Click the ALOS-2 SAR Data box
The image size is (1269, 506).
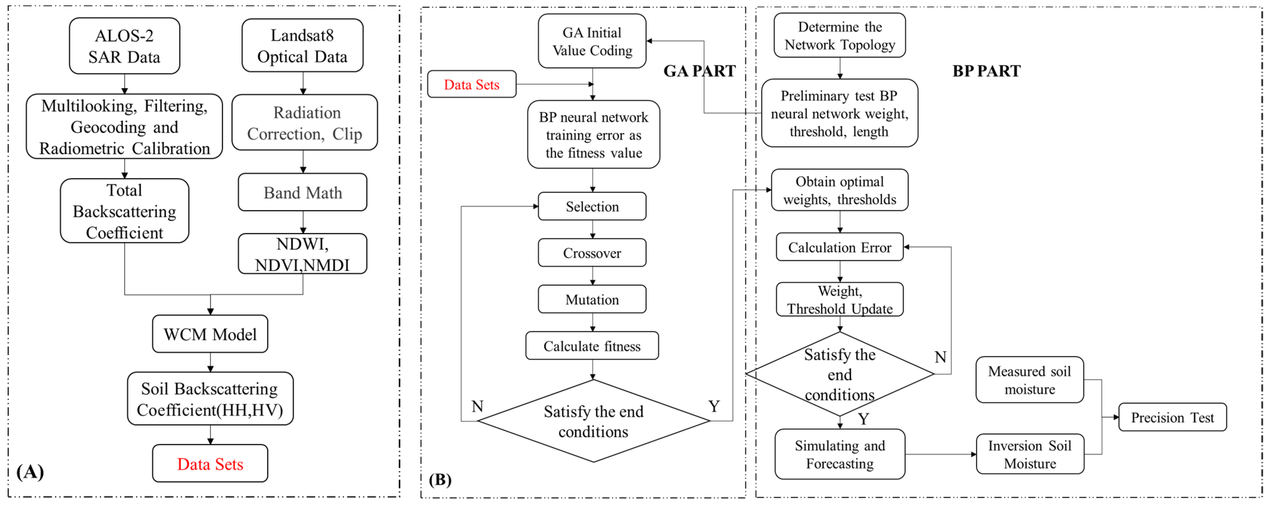[x=124, y=46]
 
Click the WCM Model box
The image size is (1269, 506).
[x=210, y=334]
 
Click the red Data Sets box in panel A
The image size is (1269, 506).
[x=210, y=464]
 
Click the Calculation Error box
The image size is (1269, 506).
[x=839, y=247]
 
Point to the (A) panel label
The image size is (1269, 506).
[x=30, y=471]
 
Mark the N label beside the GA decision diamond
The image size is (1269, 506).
[x=477, y=406]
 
